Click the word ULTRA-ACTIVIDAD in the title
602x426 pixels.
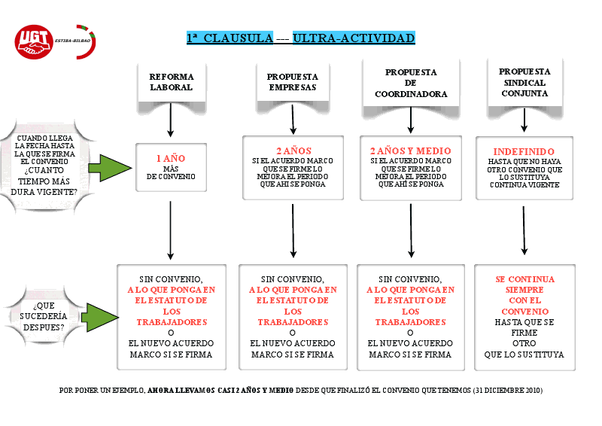click(354, 38)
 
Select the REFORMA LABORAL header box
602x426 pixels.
click(172, 81)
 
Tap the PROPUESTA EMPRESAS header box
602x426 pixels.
click(292, 81)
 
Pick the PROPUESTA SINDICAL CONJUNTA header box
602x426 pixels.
click(524, 82)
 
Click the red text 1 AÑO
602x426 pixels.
click(171, 159)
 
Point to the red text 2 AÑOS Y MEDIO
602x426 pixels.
click(410, 151)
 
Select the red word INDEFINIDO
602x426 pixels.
click(524, 151)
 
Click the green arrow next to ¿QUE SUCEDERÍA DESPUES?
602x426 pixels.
click(99, 317)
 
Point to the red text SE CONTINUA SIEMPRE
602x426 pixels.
click(524, 284)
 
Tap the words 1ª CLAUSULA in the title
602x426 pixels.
click(230, 38)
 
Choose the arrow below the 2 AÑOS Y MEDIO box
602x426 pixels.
click(411, 230)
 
